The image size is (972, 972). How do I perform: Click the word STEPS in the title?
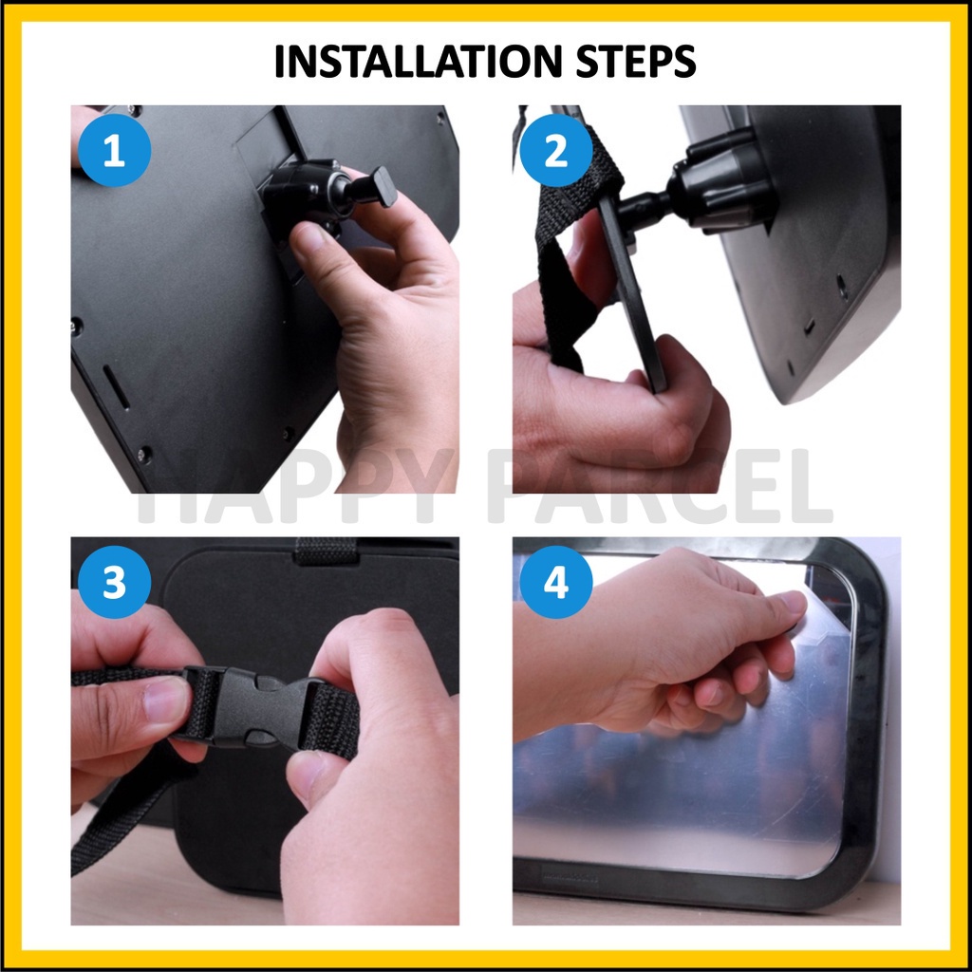[636, 62]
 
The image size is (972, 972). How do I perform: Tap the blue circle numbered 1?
[114, 150]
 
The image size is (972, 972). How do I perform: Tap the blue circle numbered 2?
[556, 150]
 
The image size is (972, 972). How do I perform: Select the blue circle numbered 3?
[114, 582]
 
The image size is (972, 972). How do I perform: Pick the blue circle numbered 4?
[556, 582]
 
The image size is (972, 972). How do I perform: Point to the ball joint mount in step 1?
[304, 196]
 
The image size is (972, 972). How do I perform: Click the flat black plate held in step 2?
[632, 291]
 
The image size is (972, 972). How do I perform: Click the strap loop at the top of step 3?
[327, 551]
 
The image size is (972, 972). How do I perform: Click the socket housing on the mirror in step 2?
[722, 179]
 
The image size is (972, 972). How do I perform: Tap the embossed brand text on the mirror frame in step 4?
[570, 877]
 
